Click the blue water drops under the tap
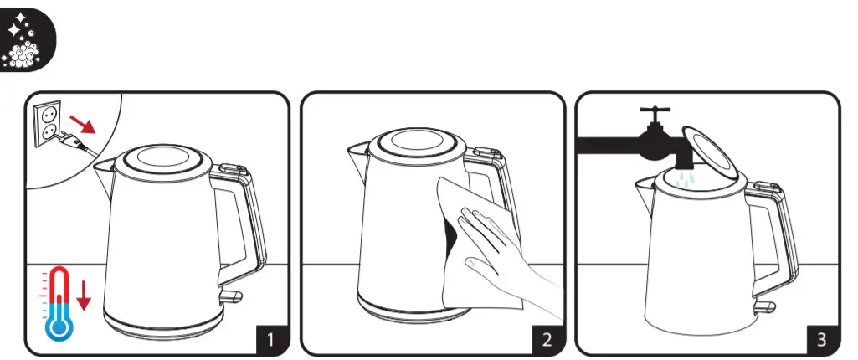pyautogui.click(x=686, y=179)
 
